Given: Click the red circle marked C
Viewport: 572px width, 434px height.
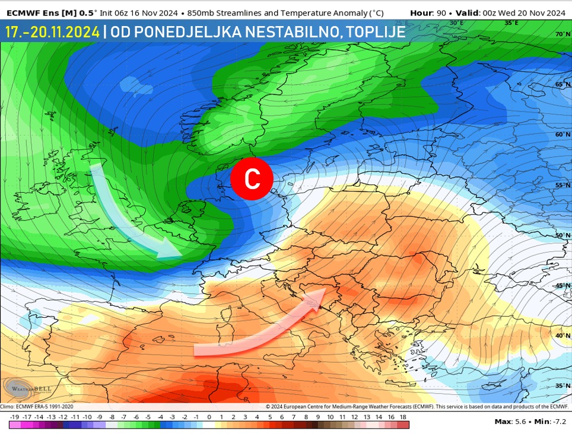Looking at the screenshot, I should coord(252,178).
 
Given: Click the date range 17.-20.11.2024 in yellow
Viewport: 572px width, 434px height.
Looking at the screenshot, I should coord(52,32).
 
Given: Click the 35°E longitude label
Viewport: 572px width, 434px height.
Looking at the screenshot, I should coord(511,23).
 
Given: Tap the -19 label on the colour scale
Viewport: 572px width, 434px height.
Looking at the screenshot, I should coord(15,417).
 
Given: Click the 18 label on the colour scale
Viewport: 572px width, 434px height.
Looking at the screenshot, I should coord(403,417).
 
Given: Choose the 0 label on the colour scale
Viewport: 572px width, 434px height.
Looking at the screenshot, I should coord(209,417).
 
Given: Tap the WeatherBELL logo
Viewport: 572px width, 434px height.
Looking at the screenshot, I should coord(28,388).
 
